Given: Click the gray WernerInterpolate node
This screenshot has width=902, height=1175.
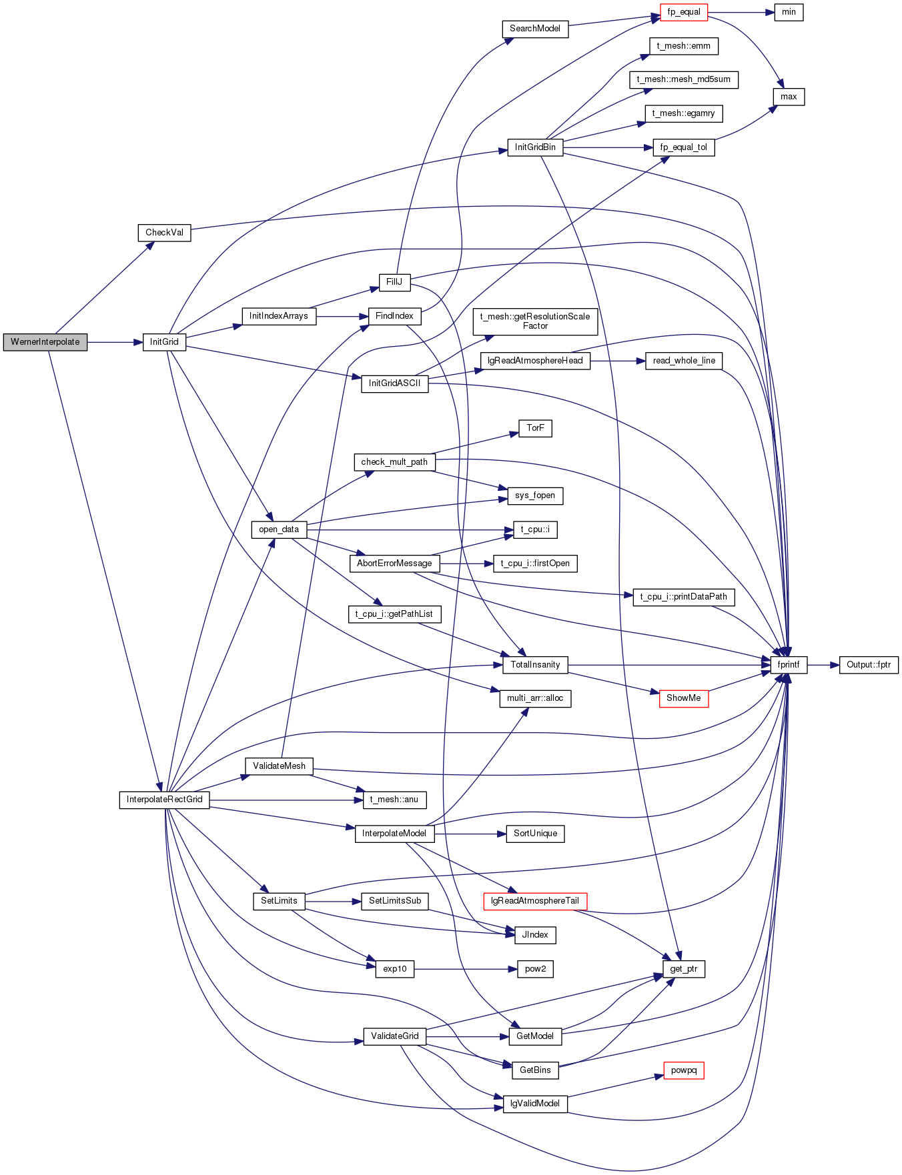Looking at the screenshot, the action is click(45, 342).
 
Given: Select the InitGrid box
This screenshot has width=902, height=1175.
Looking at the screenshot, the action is click(164, 342).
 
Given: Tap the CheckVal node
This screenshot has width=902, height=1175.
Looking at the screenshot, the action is click(164, 233).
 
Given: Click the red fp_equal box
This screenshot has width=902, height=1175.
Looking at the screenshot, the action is click(684, 12).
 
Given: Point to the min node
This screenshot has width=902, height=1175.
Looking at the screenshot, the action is click(789, 12).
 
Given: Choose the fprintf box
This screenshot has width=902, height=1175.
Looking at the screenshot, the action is click(789, 665).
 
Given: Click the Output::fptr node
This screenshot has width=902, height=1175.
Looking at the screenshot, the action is click(869, 665).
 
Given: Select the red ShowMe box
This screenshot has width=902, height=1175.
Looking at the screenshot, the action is click(684, 698).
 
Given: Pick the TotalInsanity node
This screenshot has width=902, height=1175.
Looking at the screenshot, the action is click(535, 665).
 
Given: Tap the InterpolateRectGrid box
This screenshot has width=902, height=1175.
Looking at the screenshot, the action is click(165, 800).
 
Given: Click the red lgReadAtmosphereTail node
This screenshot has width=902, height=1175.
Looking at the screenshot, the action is click(535, 901).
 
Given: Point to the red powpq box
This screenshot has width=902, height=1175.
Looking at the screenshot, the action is click(684, 1070).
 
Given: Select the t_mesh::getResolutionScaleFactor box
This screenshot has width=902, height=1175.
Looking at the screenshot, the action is click(535, 321).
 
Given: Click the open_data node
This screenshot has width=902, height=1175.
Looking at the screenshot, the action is click(279, 529).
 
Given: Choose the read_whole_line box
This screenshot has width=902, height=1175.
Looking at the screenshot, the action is click(684, 361).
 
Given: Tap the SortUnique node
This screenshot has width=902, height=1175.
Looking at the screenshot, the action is click(535, 834).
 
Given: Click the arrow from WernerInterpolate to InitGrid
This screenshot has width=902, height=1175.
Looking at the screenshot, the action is click(115, 342).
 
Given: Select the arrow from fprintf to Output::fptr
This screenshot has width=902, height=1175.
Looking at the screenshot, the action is click(823, 665).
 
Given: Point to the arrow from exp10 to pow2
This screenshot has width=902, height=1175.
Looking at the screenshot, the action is click(466, 969).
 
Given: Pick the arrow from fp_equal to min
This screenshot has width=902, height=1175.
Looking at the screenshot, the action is click(741, 12).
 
